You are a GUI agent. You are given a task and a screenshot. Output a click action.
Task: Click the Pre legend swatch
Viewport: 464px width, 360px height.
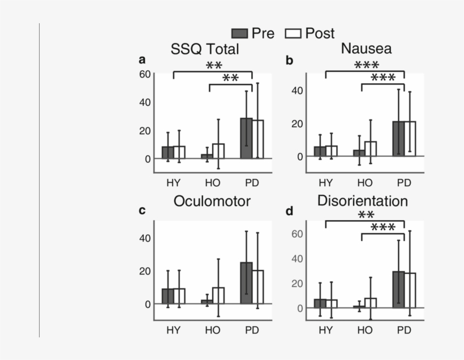[x=240, y=33]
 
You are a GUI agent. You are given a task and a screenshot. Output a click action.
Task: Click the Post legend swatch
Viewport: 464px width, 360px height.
[x=294, y=33]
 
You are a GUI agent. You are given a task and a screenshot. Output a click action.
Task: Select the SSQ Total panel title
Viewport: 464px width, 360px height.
[x=205, y=49]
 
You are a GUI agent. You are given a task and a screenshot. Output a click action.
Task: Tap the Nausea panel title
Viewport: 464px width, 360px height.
[x=366, y=49]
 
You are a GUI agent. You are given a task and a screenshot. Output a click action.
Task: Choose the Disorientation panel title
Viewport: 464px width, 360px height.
[x=363, y=201]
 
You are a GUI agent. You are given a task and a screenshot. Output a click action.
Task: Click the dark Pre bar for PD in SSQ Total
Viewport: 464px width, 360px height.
[x=246, y=138]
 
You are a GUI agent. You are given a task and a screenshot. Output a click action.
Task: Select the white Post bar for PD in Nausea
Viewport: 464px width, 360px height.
[x=409, y=139]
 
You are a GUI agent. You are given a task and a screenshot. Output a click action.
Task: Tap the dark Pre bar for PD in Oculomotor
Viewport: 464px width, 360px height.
[x=246, y=283]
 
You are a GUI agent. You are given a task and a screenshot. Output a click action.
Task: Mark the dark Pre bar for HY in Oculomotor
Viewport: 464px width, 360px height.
[x=167, y=296]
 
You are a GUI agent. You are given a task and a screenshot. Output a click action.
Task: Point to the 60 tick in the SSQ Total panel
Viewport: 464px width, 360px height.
[x=144, y=74]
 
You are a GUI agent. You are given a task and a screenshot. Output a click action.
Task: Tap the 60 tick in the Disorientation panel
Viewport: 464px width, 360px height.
[x=298, y=233]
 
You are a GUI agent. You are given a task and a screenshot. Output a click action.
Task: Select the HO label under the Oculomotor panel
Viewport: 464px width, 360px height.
[x=213, y=329]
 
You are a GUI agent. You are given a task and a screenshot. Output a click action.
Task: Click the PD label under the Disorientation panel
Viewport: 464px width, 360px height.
[x=403, y=329]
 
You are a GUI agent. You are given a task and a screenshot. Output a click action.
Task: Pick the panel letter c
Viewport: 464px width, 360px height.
[x=142, y=211]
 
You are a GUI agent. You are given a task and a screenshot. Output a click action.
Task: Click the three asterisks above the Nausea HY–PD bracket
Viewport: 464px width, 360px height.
[x=366, y=65]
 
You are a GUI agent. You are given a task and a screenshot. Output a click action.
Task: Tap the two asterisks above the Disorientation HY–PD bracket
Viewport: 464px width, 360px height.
[x=366, y=215]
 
